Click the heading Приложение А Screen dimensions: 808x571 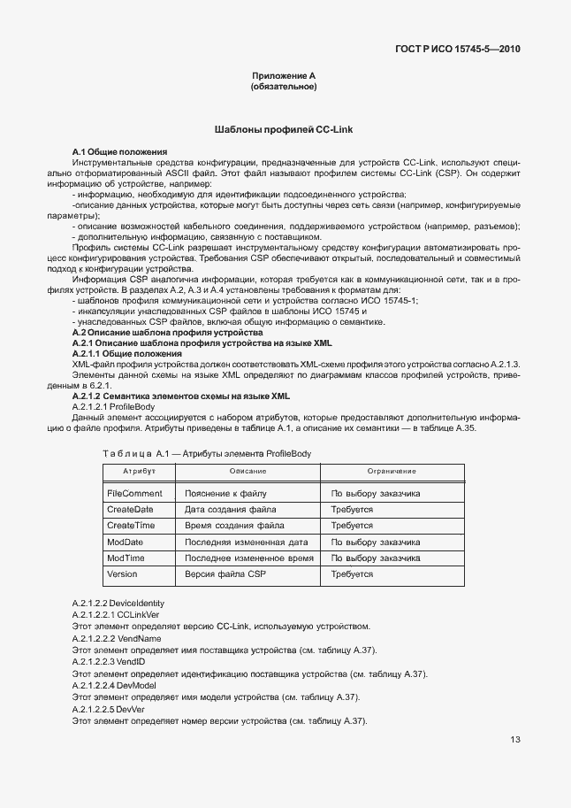(x=284, y=77)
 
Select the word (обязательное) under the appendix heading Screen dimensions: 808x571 (x=284, y=88)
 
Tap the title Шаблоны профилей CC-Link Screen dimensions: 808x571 (x=284, y=130)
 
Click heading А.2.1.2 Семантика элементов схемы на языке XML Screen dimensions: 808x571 (x=180, y=396)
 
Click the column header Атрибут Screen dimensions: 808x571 (x=139, y=471)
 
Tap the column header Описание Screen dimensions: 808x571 (x=248, y=471)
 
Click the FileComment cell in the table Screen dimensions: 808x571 (x=134, y=493)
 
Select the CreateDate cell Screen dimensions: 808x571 (x=130, y=510)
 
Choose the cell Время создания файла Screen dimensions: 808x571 (x=234, y=526)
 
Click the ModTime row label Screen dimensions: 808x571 (x=126, y=558)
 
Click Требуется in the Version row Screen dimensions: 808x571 (x=352, y=574)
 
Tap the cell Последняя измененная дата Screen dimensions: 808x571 (x=246, y=542)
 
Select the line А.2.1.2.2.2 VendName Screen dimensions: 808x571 (x=117, y=638)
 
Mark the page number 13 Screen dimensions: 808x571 (x=514, y=740)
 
